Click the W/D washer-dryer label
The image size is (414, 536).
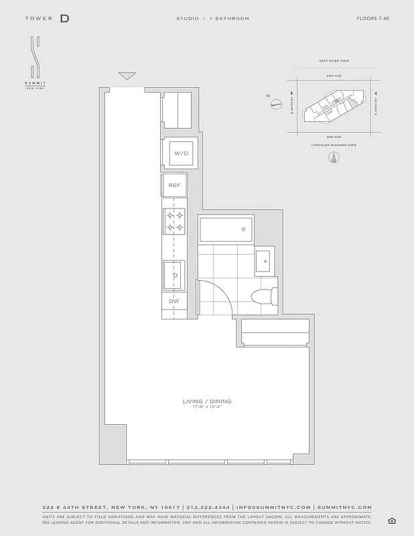tap(182, 153)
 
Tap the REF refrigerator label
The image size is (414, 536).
tap(174, 185)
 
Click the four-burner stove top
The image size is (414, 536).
tap(175, 222)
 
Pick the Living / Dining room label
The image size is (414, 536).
tap(207, 401)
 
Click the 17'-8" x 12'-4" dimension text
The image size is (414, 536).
tap(207, 407)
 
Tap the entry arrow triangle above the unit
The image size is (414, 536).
tap(127, 76)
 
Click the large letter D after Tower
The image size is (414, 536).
tap(64, 19)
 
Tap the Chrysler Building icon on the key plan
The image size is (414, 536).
tap(332, 158)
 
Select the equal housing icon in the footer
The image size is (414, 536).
tap(392, 520)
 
